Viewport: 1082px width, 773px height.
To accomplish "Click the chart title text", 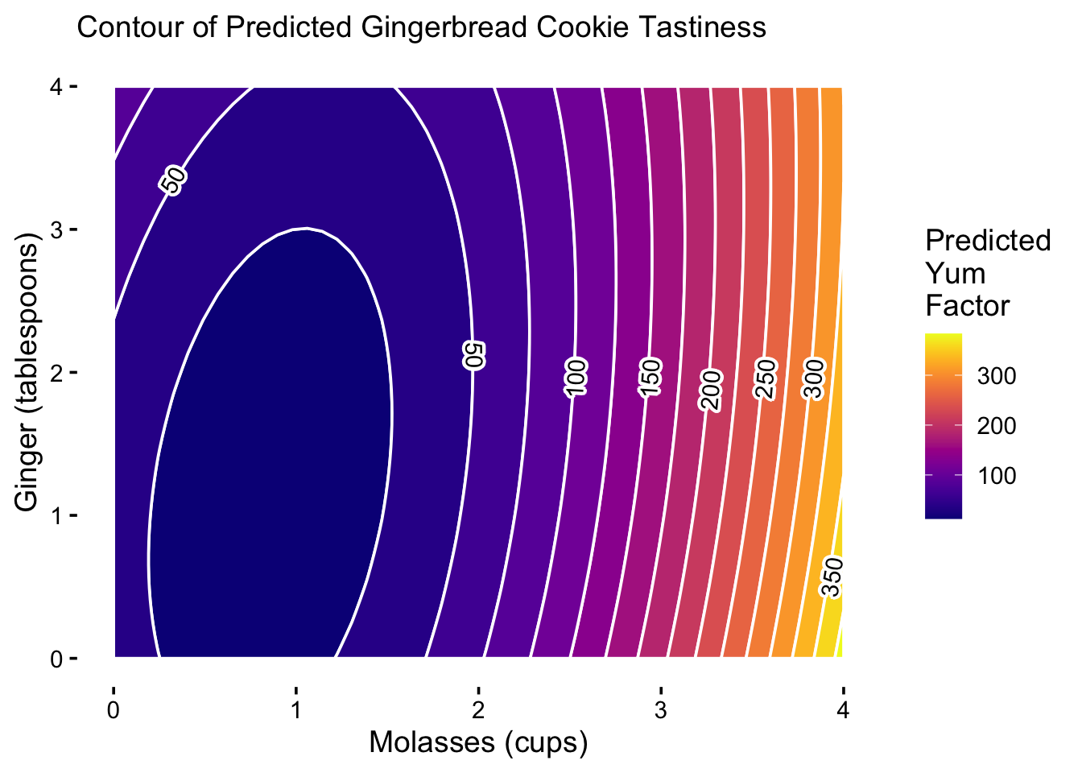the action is pos(421,27).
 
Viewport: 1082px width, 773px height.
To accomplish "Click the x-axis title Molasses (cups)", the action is pos(478,742).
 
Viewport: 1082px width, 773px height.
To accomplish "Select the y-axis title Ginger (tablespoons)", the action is pos(26,372).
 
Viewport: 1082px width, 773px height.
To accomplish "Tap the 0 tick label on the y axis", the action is pos(56,659).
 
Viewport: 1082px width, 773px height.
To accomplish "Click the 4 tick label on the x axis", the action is pos(843,710).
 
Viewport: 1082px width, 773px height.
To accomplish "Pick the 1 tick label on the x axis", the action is pos(296,710).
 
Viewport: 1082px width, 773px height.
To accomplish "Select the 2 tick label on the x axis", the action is pos(478,710).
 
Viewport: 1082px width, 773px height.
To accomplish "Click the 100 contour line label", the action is pos(576,378).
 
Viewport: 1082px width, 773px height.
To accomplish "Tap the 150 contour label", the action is pos(650,378).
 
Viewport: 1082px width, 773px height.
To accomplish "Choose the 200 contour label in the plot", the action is pos(711,391).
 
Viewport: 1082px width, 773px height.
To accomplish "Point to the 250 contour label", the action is pos(765,379).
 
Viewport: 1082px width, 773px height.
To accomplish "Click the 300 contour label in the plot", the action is pos(814,379).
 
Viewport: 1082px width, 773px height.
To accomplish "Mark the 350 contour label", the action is pos(832,577).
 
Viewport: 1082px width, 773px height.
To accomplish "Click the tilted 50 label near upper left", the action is pos(173,180).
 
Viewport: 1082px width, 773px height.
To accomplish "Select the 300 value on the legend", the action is pos(996,376).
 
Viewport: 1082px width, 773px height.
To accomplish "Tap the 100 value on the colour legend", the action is pos(996,476).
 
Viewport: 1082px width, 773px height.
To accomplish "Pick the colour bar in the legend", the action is pos(944,426).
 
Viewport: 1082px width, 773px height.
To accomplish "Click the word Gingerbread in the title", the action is pos(444,28).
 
